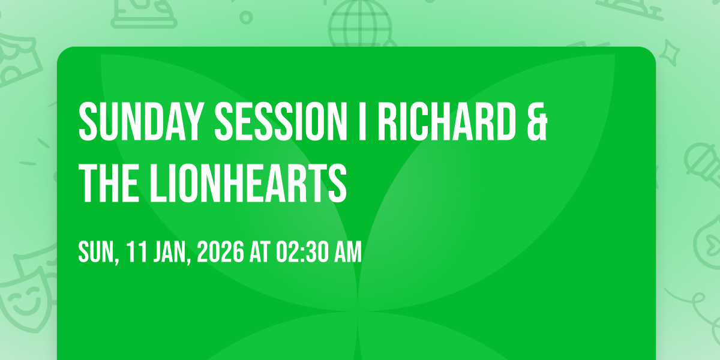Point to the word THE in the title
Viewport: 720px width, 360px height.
109,183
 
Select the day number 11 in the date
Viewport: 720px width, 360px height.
137,252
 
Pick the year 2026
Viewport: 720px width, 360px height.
221,252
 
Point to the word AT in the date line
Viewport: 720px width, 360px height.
260,252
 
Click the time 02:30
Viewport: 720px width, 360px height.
302,252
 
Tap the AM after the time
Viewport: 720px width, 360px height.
348,252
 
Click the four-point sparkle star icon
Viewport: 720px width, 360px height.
669,53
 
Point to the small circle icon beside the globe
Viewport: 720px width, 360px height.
246,17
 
